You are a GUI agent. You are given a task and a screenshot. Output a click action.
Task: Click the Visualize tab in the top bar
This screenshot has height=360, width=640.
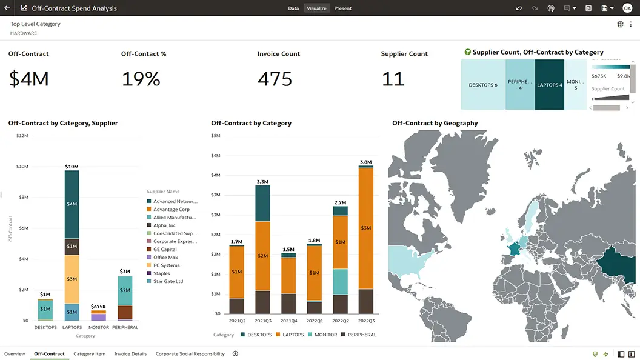coord(316,8)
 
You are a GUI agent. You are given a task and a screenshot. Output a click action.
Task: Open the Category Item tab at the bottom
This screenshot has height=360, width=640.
coord(89,354)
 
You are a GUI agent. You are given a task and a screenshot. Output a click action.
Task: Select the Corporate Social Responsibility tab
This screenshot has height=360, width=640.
coord(190,354)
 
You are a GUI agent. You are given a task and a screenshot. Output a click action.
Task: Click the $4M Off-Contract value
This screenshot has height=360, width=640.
coord(28,79)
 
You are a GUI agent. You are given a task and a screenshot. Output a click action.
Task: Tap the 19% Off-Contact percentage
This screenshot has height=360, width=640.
coord(141,79)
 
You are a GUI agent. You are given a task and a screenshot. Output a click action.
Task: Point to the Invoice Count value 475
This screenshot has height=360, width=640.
coord(275,79)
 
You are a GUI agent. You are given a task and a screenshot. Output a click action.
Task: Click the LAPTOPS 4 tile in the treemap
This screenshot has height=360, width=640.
coord(550,85)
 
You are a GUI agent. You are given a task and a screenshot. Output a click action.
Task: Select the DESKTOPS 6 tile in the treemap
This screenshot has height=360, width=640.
coord(483,85)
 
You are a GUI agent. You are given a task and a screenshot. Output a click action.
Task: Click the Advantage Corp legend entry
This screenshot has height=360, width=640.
coord(171,210)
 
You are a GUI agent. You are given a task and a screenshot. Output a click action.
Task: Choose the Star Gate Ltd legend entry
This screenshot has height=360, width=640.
coord(168,282)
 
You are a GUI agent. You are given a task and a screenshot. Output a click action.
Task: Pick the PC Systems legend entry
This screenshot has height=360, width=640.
coord(166,265)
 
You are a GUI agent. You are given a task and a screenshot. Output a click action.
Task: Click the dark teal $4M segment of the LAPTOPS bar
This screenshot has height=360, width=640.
coord(72,204)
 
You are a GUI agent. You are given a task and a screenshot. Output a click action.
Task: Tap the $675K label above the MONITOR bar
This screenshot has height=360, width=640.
coord(99,307)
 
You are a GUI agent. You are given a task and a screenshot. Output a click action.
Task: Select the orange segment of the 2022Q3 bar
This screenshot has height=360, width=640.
coord(366,228)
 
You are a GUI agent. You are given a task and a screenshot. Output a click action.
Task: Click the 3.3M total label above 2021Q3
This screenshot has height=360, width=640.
coord(262,182)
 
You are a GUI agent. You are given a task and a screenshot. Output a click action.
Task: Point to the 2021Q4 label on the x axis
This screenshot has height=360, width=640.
coord(288,320)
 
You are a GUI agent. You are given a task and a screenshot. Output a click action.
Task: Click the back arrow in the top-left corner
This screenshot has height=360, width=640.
coord(7,8)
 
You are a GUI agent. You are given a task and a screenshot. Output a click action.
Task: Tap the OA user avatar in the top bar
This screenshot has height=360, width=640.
coord(627,8)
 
